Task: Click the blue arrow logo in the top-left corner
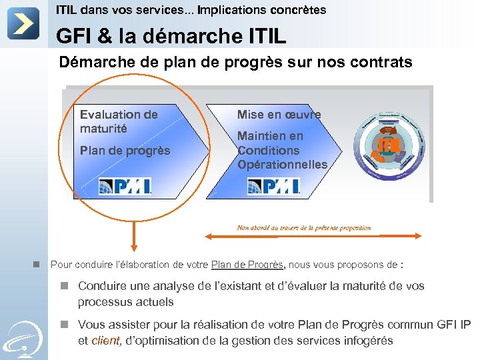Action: pyautogui.click(x=23, y=23)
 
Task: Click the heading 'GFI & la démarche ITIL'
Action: pyautogui.click(x=171, y=35)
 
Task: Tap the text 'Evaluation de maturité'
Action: pyautogui.click(x=119, y=121)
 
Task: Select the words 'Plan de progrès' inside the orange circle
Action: pyautogui.click(x=125, y=151)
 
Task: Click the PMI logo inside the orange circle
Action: pyautogui.click(x=125, y=186)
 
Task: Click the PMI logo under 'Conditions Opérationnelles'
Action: pyautogui.click(x=273, y=186)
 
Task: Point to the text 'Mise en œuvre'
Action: pyautogui.click(x=279, y=115)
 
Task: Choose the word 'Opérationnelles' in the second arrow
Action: pyautogui.click(x=283, y=165)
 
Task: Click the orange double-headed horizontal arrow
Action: pyautogui.click(x=314, y=235)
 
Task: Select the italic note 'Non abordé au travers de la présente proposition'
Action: pyautogui.click(x=304, y=227)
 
